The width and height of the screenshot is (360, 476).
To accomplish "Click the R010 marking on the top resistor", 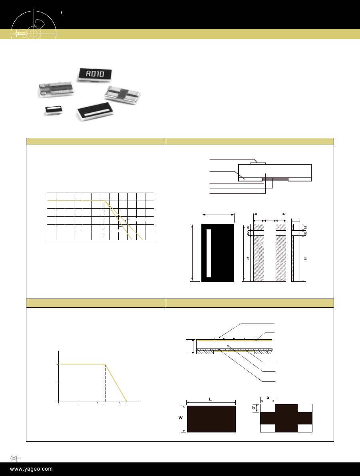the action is tap(95, 74).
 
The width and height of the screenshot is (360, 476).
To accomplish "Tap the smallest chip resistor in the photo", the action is tap(54, 110).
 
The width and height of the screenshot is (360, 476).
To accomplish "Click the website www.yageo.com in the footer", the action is tap(31, 469).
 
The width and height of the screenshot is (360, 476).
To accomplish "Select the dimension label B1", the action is tap(248, 259).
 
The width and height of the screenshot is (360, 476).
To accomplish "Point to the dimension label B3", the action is tap(248, 227).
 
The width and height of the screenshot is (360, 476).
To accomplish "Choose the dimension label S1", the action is tap(306, 258).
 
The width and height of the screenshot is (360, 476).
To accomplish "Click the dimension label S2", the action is tap(306, 233).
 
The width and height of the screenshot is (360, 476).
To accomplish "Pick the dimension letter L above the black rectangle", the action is tap(210, 399).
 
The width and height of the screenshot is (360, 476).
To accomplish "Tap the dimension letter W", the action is tap(181, 418).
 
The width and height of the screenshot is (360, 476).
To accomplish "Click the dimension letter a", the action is tap(268, 398).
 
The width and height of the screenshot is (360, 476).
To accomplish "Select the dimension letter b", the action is tap(253, 408).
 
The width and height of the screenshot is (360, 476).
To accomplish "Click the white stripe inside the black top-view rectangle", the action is tap(209, 253).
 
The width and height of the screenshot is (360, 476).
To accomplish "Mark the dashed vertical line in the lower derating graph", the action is tap(105, 383).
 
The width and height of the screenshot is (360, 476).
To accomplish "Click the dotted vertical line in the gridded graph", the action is tap(105, 220).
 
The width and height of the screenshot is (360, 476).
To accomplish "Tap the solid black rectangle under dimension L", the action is tap(211, 419).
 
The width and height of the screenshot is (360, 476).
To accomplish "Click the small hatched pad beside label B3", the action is tap(259, 227).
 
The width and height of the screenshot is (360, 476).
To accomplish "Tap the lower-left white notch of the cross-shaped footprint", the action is tap(267, 428).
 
